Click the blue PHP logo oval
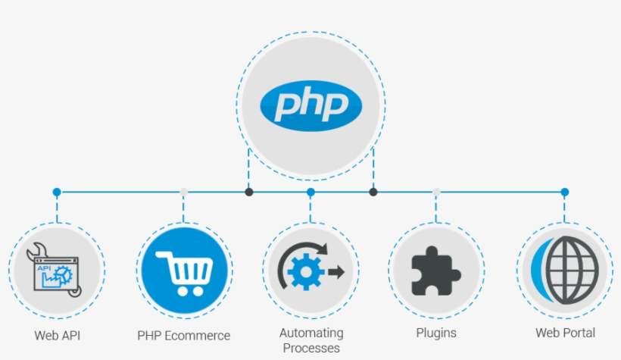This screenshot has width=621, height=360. (x=310, y=105)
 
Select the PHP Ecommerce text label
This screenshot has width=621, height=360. (x=184, y=335)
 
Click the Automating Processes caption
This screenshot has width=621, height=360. (x=311, y=340)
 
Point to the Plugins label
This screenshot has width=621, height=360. (x=436, y=333)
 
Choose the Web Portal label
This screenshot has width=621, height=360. (x=565, y=333)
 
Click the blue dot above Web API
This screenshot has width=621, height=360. (x=57, y=193)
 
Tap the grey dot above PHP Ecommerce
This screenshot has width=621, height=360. (x=183, y=193)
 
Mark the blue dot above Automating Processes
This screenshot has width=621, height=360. (x=310, y=193)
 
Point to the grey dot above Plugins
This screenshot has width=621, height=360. (x=436, y=193)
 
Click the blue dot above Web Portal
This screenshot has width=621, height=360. (x=564, y=193)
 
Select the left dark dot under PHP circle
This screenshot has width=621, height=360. (x=248, y=193)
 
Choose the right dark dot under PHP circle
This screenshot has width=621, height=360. (x=373, y=193)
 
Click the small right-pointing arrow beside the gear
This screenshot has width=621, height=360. (x=336, y=271)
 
